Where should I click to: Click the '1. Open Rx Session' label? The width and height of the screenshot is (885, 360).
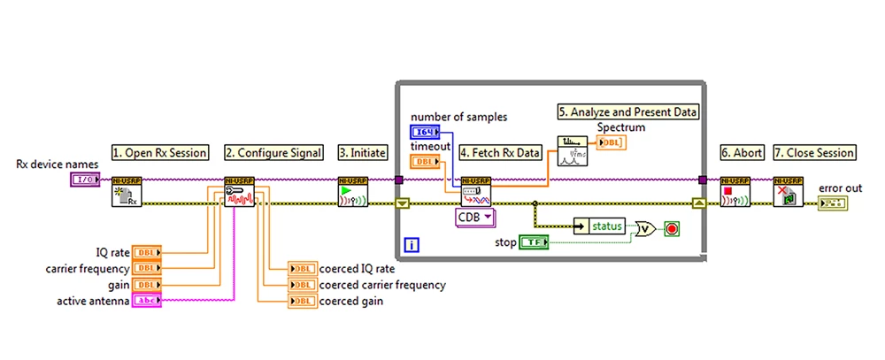(159, 152)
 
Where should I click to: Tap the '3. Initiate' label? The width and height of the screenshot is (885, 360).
(363, 152)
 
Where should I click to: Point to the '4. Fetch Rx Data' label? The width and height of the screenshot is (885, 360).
(500, 152)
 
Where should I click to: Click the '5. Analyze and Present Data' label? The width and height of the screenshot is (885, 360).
(628, 112)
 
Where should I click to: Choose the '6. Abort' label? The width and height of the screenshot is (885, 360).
(741, 152)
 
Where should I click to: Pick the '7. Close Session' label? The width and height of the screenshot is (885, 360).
(814, 152)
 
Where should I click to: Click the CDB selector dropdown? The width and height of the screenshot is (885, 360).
(476, 216)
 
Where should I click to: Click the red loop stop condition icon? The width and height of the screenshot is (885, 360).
(673, 229)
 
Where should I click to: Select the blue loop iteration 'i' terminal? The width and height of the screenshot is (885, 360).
(411, 244)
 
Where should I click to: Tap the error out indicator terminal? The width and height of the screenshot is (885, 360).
(832, 204)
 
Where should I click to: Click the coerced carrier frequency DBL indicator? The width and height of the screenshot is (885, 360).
(302, 285)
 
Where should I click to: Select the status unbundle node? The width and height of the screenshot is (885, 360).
(600, 226)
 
